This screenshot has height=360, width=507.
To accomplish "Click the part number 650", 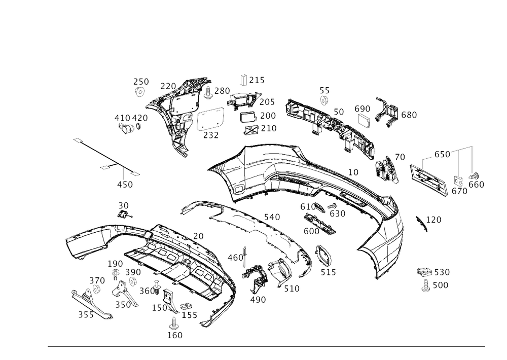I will [x=409, y=116].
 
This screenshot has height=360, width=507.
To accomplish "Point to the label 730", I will [x=222, y=90].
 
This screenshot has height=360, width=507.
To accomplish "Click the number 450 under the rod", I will [x=125, y=185].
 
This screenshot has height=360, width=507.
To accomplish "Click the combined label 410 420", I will [x=131, y=118].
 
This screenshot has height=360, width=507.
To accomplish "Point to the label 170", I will [x=434, y=219].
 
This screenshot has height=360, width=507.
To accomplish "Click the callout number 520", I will [x=442, y=272].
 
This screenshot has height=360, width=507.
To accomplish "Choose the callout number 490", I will [x=257, y=300].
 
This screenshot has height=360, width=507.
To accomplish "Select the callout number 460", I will [x=236, y=257].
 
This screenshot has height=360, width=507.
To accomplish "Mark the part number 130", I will [x=117, y=264].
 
